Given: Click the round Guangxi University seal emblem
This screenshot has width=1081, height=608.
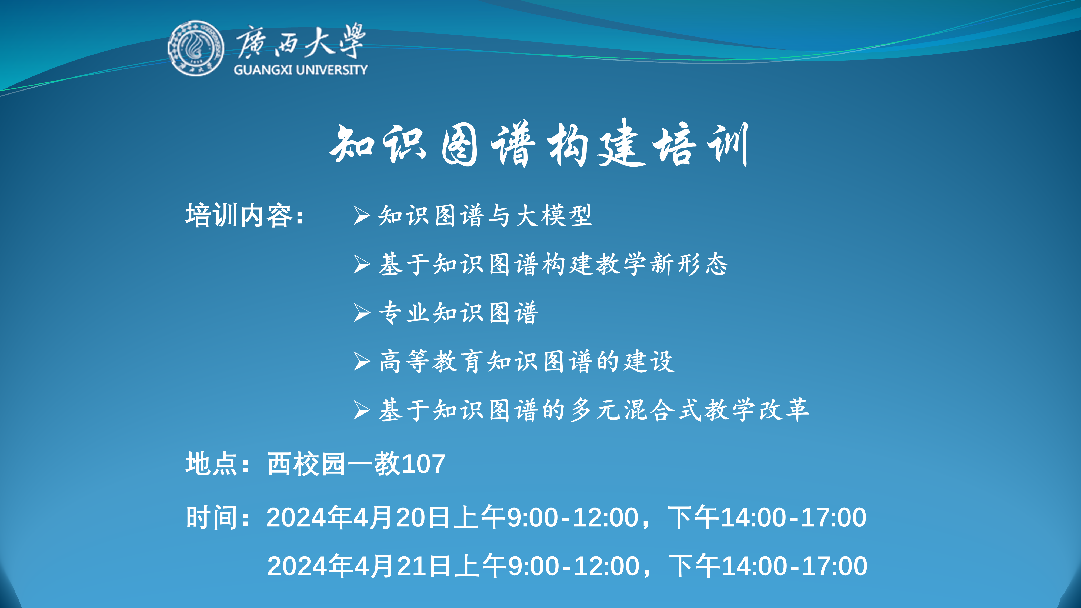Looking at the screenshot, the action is (x=196, y=48).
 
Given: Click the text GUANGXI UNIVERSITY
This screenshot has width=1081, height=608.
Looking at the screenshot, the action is (x=301, y=70).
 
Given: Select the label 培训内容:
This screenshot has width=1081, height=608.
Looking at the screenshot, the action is (x=245, y=216).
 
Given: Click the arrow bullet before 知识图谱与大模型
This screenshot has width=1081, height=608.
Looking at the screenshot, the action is (x=361, y=216).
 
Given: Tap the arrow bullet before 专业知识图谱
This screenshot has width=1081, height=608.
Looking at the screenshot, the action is (x=361, y=313).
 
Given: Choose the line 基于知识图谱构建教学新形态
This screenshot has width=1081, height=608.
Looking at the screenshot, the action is (x=553, y=264).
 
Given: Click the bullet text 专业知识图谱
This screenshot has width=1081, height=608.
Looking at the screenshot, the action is (x=458, y=313).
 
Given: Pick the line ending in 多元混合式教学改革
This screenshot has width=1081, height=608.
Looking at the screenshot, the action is (x=594, y=410).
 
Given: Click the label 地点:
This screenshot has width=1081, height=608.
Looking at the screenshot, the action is (x=218, y=464).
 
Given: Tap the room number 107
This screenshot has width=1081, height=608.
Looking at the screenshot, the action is (x=423, y=464).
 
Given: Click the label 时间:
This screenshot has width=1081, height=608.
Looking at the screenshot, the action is (x=218, y=517).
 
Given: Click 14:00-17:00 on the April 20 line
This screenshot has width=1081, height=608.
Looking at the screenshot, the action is (x=793, y=517).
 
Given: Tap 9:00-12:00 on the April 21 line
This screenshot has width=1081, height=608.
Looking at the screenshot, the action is (x=574, y=566).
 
